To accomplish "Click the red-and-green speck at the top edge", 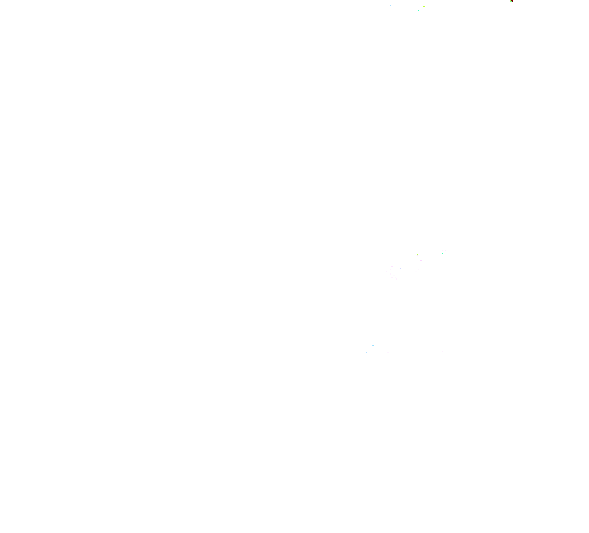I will coord(511,2).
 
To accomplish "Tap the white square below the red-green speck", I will coord(510,6).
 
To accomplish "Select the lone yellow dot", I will coord(424,7).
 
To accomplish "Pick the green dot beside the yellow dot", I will coord(418,10).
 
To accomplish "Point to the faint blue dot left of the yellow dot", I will coord(390,5).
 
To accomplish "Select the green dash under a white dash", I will coord(443,357).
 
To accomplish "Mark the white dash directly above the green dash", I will coord(442,351).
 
